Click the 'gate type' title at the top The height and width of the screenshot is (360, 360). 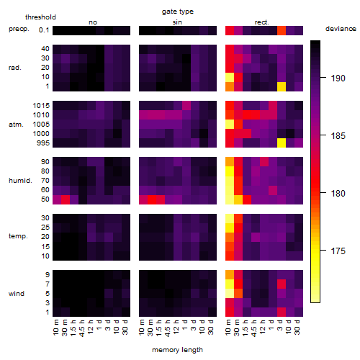[178, 12]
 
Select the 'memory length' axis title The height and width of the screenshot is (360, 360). [178, 350]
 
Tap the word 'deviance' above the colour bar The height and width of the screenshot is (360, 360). [341, 29]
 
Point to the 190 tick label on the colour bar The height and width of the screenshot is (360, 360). [338, 78]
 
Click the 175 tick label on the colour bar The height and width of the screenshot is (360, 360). [338, 251]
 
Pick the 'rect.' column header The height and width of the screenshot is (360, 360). [262, 22]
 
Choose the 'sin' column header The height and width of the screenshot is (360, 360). [177, 22]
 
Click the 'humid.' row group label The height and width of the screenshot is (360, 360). [20, 181]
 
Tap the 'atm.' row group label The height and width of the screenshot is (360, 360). [16, 125]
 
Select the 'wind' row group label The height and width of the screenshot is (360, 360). [17, 294]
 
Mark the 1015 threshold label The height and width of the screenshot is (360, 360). [41, 106]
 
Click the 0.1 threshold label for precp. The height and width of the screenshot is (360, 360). [44, 30]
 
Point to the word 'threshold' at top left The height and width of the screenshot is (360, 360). [40, 17]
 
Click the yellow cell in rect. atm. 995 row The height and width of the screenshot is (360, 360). [282, 143]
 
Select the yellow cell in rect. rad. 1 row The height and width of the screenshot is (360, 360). [282, 86]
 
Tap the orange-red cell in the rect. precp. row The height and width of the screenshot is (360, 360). [282, 30]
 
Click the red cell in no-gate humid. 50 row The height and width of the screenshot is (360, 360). [66, 199]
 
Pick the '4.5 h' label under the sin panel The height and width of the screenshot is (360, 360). [168, 328]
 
